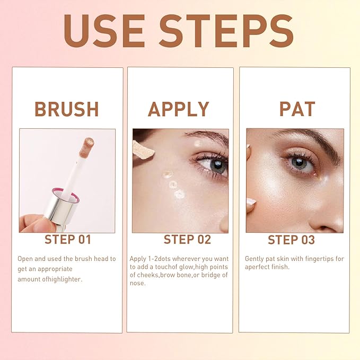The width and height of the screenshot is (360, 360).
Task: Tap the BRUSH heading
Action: tap(67, 109)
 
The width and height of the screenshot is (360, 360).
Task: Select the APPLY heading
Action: tap(179, 109)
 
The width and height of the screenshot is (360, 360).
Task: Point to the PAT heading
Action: tap(297, 109)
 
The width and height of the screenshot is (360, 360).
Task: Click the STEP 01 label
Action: tap(67, 239)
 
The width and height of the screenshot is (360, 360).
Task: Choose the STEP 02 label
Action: tap(180, 239)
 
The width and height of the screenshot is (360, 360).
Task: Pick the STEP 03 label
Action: tap(291, 239)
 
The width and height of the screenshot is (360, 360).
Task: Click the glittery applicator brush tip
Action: tap(85, 147)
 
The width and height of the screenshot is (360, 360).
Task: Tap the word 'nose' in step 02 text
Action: tap(137, 283)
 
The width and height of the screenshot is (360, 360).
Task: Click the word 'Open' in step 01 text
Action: tap(25, 259)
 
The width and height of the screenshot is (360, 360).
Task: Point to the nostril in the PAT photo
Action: tap(333, 225)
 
